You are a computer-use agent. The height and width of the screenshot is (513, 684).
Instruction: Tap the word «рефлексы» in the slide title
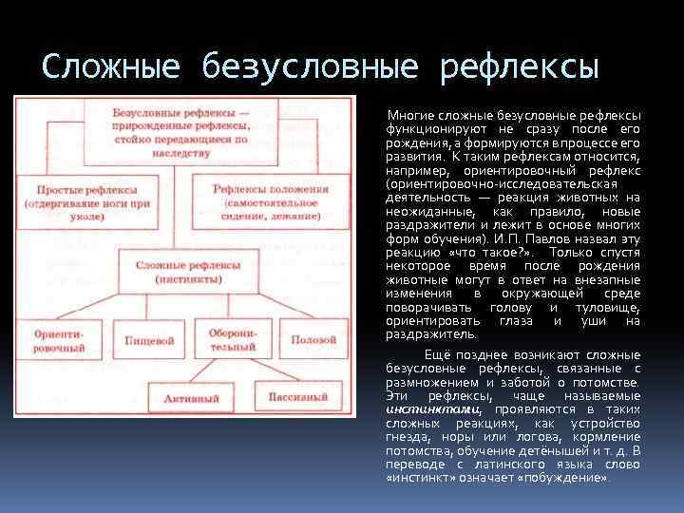[520, 67]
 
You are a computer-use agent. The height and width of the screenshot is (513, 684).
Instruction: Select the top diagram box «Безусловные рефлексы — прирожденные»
[180, 124]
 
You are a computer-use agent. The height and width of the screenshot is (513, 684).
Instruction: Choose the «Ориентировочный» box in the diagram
[58, 340]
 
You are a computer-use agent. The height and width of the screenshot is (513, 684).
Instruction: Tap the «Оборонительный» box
[232, 340]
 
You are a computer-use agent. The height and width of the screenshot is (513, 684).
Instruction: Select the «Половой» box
[313, 339]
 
